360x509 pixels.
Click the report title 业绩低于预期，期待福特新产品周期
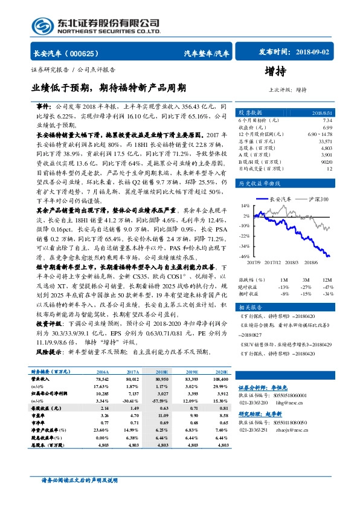click(x=109, y=87)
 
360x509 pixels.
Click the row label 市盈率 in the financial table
click(x=39, y=416)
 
